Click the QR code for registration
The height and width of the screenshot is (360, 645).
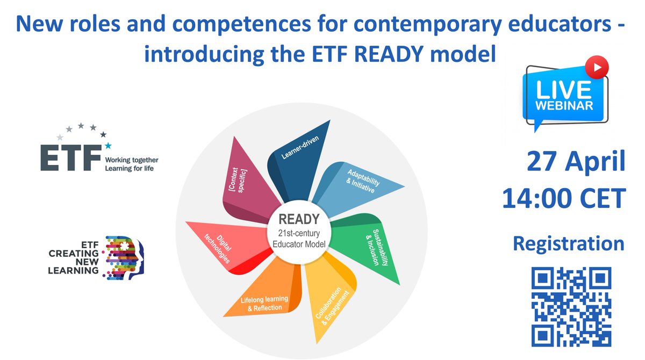571,307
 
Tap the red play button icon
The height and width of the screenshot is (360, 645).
600,67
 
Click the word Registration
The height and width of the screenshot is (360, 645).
569,243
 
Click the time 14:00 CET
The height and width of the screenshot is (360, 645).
564,199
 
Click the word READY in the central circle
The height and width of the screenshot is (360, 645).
298,219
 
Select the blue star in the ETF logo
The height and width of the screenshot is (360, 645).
108,145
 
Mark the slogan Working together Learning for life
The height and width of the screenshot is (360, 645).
132,164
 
